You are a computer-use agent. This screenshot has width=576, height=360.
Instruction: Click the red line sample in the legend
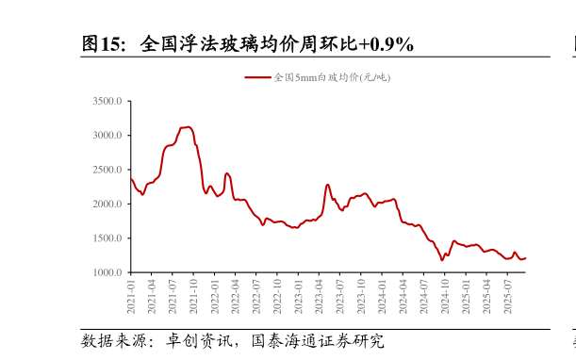(x=257, y=77)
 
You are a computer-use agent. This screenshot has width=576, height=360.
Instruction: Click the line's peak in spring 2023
(x=327, y=185)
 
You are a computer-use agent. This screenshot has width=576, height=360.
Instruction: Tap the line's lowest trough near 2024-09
(x=441, y=260)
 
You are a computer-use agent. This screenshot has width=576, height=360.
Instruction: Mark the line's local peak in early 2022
(x=227, y=173)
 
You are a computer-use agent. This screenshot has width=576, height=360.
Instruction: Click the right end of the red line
(x=525, y=258)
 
